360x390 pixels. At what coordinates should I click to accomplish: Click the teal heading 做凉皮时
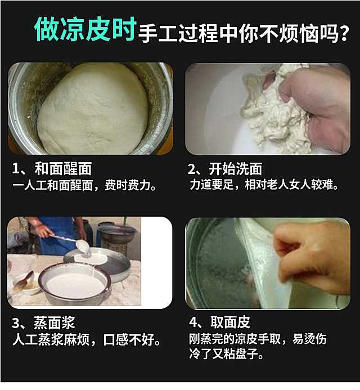(x=85, y=29)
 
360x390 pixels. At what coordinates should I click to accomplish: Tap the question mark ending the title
(x=345, y=33)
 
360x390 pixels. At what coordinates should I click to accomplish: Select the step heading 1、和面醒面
(x=52, y=169)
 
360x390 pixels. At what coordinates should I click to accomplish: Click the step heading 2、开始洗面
(x=225, y=169)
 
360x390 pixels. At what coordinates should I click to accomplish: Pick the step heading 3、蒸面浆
(x=43, y=322)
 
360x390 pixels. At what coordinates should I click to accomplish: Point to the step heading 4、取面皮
(x=219, y=322)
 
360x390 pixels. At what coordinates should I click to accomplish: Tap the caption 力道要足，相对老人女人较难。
(x=264, y=184)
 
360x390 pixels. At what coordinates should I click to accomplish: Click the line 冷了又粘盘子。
(x=226, y=353)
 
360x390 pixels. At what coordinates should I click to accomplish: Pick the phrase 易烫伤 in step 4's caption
(x=309, y=339)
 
